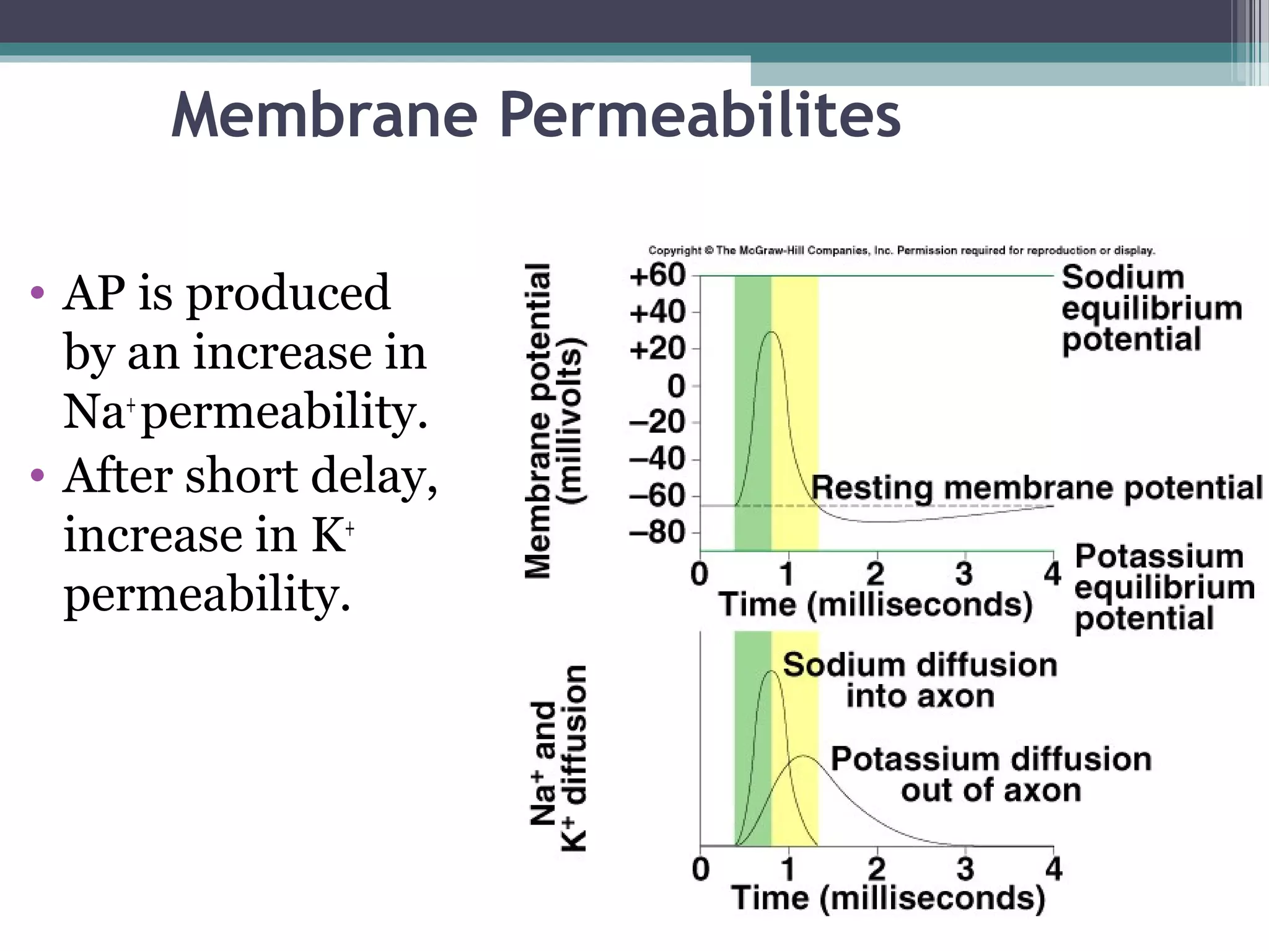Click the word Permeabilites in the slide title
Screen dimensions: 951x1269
[x=700, y=116]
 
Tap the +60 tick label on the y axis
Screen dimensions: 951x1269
[x=657, y=276]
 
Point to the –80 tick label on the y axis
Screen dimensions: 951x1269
[x=657, y=532]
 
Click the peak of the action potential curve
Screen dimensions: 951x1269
[x=771, y=332]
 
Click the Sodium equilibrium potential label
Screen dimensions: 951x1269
[x=1151, y=308]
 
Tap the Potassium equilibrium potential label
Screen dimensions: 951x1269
[x=1164, y=587]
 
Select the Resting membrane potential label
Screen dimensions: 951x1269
[x=1036, y=487]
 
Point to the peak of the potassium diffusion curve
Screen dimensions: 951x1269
[x=803, y=756]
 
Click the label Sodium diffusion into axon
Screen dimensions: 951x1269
[x=920, y=680]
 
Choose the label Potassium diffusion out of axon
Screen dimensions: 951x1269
[x=990, y=774]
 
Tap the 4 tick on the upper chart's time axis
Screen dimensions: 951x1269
[x=1053, y=573]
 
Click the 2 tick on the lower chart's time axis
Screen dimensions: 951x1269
[x=877, y=869]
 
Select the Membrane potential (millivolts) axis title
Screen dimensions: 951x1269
[x=553, y=421]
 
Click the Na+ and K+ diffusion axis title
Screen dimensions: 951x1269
[x=557, y=759]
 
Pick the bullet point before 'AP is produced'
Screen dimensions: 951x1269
[x=38, y=292]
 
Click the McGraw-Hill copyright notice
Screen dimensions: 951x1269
[x=902, y=251]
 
